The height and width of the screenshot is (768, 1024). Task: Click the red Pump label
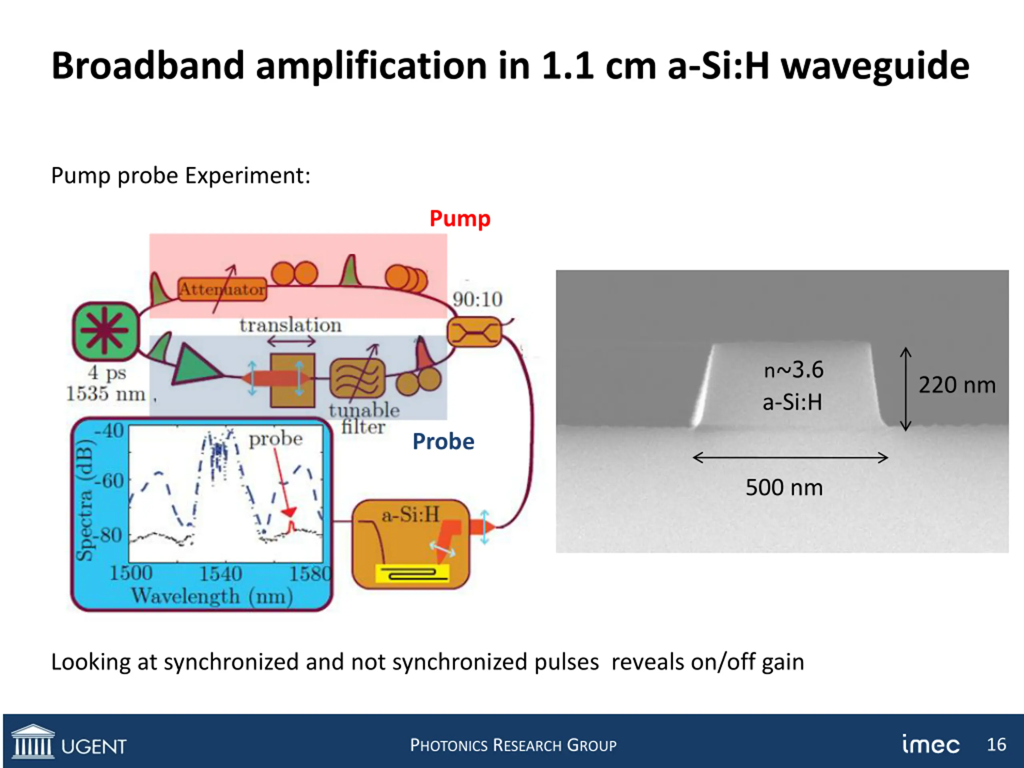pyautogui.click(x=460, y=218)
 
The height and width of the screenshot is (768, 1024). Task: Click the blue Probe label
pyautogui.click(x=443, y=442)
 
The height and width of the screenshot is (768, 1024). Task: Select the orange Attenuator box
pyautogui.click(x=222, y=289)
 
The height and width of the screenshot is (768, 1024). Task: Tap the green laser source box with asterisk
pyautogui.click(x=105, y=332)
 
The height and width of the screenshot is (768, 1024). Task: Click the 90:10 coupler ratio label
pyautogui.click(x=477, y=300)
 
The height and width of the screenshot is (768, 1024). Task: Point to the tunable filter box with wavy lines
pyautogui.click(x=357, y=379)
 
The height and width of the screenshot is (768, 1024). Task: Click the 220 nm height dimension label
pyautogui.click(x=957, y=385)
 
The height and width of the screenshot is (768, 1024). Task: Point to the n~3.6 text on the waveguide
pyautogui.click(x=794, y=370)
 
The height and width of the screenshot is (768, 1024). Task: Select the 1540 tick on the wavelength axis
pyautogui.click(x=221, y=574)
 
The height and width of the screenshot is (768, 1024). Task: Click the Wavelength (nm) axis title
pyautogui.click(x=212, y=596)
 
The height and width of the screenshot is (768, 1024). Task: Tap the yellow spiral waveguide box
pyautogui.click(x=412, y=574)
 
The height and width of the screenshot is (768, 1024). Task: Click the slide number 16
pyautogui.click(x=996, y=744)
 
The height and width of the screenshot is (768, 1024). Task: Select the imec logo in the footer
pyautogui.click(x=930, y=744)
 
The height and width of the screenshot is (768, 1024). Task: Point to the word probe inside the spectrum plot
pyautogui.click(x=276, y=439)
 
